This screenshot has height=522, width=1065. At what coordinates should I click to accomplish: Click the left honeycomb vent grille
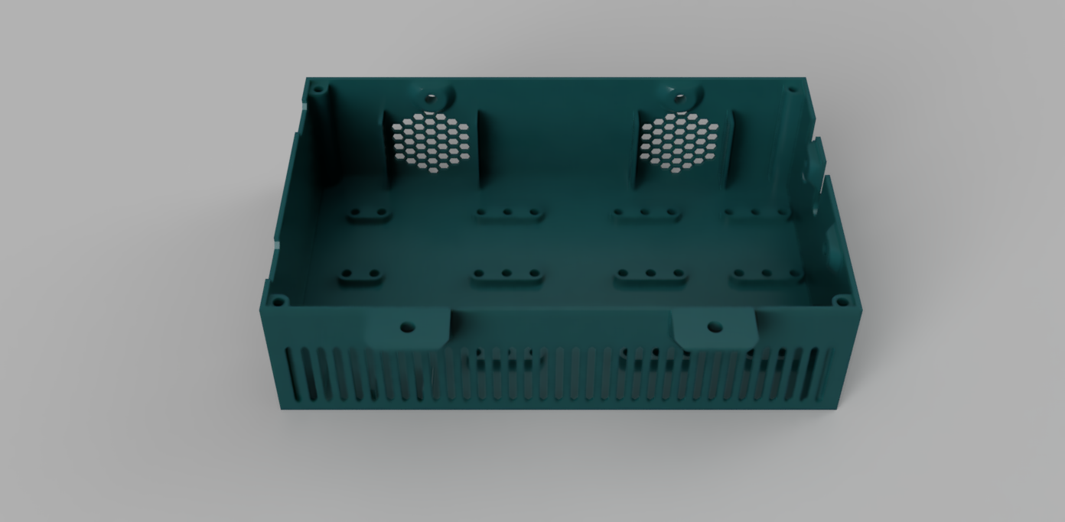point(430,143)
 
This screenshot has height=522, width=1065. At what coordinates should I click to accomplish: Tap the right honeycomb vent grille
point(679,143)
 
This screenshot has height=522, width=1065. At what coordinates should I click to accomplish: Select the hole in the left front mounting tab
point(407,327)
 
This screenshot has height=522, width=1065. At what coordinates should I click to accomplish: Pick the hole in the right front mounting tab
point(714,327)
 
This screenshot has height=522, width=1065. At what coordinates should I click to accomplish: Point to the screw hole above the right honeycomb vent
point(678,96)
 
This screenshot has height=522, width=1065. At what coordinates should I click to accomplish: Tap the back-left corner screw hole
point(319,90)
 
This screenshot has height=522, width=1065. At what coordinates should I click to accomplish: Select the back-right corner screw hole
point(792,89)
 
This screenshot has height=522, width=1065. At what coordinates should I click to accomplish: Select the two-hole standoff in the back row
point(369,213)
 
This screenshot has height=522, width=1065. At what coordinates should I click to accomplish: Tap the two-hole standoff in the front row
point(361,275)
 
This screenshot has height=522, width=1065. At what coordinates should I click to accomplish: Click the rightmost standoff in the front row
point(767,274)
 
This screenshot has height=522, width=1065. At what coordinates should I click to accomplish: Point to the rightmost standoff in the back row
point(756,213)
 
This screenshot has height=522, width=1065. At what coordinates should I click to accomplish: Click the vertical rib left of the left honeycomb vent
point(386,149)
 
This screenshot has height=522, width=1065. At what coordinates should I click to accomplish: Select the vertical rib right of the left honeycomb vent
point(481,149)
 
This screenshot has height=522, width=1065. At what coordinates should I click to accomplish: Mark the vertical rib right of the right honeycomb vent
point(731,149)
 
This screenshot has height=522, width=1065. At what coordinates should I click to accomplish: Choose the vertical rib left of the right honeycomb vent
point(637,149)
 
